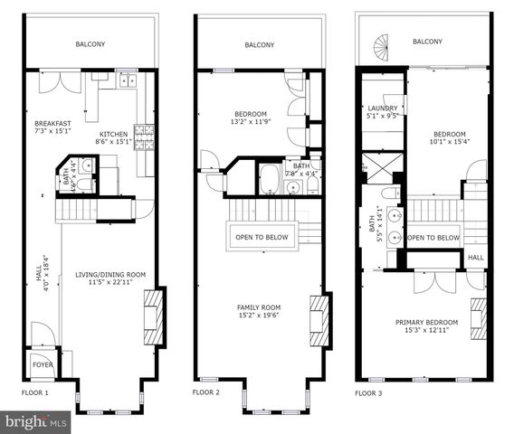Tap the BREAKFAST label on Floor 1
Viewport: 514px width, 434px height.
coord(52,123)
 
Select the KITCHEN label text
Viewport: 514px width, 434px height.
coord(114,134)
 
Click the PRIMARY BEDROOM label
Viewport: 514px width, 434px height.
coord(426,323)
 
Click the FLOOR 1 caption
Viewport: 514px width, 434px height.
coord(35,393)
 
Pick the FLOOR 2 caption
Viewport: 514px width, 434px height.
coord(206,393)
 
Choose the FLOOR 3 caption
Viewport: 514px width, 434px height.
coord(369,393)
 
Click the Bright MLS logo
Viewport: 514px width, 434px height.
coord(36,421)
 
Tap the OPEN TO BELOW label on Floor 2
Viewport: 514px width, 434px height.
coord(262,238)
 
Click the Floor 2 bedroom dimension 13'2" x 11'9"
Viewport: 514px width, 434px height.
coord(247,122)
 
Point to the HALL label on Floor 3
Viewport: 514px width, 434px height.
coord(475,258)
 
